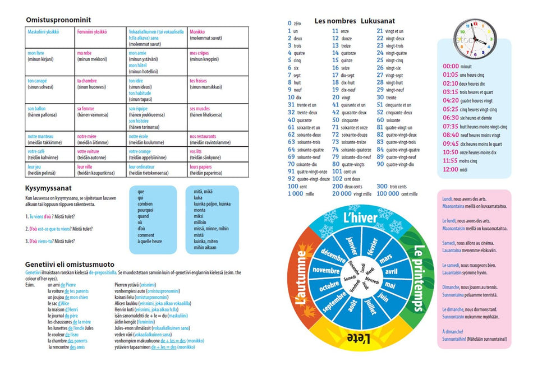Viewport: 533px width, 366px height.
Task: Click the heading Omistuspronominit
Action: (58, 20)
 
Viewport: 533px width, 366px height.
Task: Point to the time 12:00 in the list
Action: (451, 169)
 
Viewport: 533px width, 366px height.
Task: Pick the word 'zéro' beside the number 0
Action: (298, 24)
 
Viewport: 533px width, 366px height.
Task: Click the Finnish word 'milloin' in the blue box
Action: (201, 222)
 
